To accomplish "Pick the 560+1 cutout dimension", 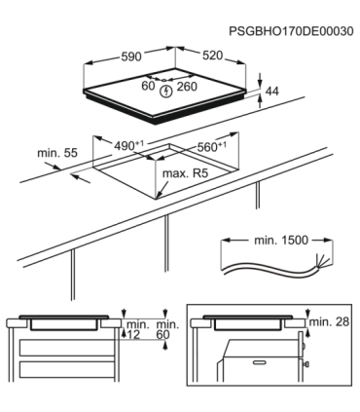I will click(208, 146).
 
